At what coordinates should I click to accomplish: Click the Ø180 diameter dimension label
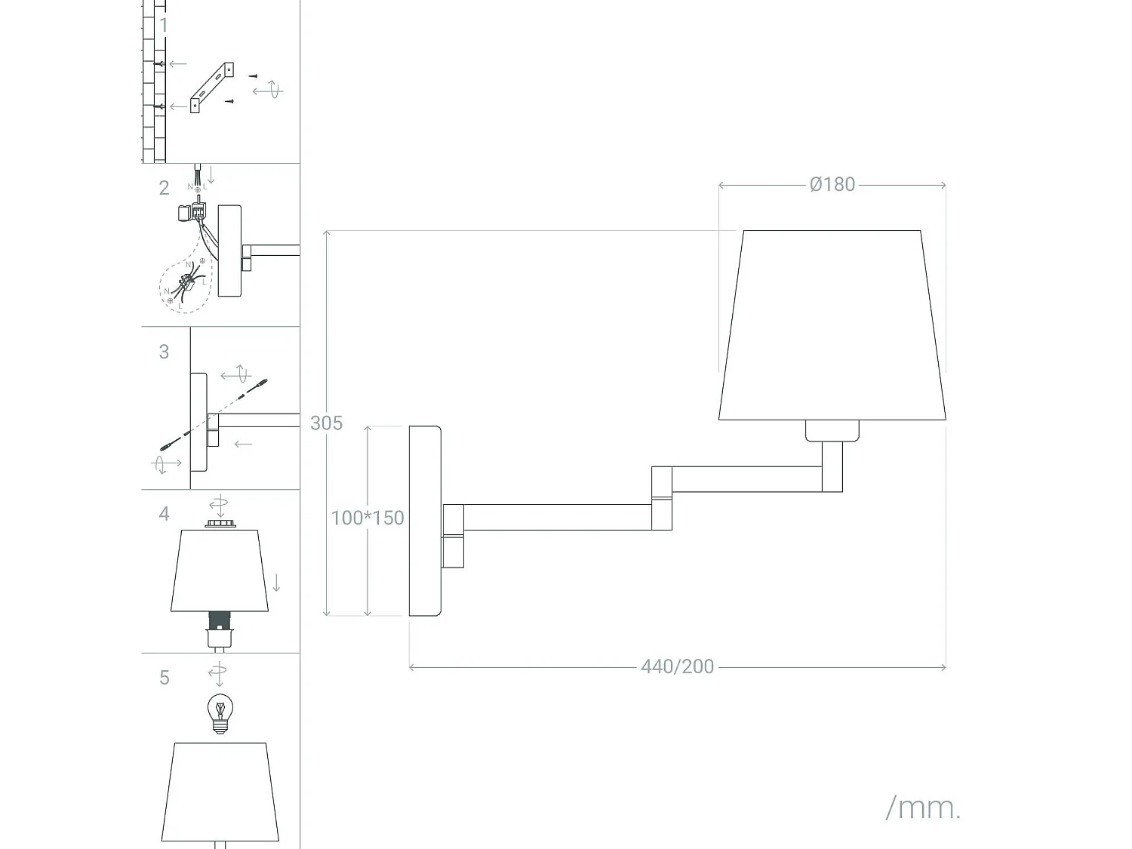pos(832,185)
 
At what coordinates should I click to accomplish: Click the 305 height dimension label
pos(326,423)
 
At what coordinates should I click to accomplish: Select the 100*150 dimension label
pos(368,518)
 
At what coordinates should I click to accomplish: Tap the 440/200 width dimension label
pos(677,666)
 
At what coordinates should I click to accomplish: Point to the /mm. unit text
pos(922,807)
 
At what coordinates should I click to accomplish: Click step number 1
pos(164,26)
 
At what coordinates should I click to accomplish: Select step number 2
pos(164,188)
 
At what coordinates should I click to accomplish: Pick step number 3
pos(164,352)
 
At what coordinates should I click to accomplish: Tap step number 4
pos(164,514)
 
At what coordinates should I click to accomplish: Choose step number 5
pos(164,678)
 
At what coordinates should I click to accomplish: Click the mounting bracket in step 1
pos(211,87)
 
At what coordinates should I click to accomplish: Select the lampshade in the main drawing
pos(832,325)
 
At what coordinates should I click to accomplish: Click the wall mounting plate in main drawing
pos(425,521)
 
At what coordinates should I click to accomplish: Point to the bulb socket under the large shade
pos(832,430)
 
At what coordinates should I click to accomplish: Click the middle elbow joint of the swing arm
pos(662,498)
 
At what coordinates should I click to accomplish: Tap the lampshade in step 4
pos(220,570)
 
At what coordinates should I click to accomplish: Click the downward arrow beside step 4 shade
pos(276,583)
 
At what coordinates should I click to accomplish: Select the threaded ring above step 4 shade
pos(219,523)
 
